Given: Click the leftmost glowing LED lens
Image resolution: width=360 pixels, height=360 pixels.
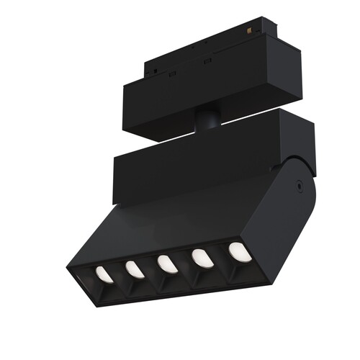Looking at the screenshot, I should pos(104,274).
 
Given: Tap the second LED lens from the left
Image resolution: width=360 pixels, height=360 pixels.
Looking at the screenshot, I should pos(134,269).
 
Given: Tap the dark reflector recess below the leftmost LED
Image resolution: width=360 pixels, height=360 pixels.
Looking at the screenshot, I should pos(106,287).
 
